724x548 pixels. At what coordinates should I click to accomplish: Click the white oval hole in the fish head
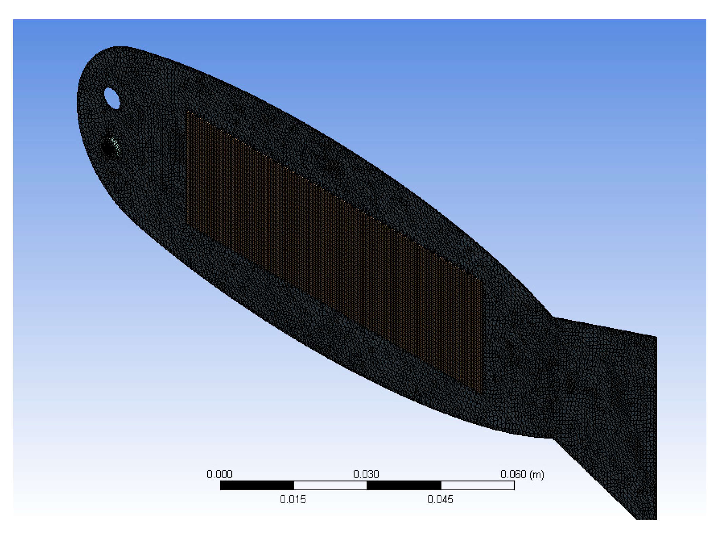112,98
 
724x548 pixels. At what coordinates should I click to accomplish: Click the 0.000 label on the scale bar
220,474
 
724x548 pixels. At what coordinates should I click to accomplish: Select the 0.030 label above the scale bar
366,474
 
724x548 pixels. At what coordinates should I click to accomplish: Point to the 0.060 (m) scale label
522,474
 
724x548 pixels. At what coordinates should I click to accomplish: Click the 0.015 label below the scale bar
293,499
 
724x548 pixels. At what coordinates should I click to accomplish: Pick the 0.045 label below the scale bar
440,499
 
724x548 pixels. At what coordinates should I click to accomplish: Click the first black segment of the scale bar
257,486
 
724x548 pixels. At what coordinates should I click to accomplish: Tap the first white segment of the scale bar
330,486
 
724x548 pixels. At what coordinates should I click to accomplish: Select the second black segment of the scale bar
404,486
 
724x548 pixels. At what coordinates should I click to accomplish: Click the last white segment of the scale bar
478,486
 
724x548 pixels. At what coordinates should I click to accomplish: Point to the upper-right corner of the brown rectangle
482,280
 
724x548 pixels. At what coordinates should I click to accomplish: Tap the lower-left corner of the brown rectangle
187,224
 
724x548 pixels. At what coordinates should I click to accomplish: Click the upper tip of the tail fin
656,337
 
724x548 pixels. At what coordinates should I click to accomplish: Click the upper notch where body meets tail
552,317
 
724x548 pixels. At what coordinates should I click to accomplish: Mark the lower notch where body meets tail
552,438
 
